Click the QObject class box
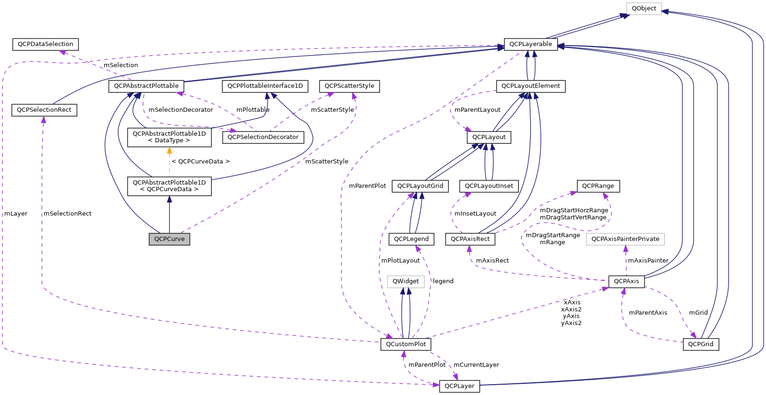tap(644, 8)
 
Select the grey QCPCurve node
tap(169, 239)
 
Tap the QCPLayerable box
tap(531, 44)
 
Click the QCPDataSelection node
tap(45, 44)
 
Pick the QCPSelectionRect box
tap(44, 110)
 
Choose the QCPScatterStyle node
tap(349, 86)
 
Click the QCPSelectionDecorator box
tap(263, 137)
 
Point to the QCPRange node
tap(598, 186)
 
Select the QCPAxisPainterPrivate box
tap(625, 239)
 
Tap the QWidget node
tap(405, 281)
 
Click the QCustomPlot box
tap(405, 344)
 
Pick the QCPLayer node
tap(459, 386)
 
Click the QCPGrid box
tap(700, 344)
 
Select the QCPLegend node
tap(411, 239)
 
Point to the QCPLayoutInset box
tap(489, 186)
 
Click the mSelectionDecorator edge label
tap(181, 110)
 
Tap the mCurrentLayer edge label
tap(476, 365)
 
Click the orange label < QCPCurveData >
tap(200, 162)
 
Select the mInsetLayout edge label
tap(475, 214)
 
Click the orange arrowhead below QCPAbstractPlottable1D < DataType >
tap(169, 151)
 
